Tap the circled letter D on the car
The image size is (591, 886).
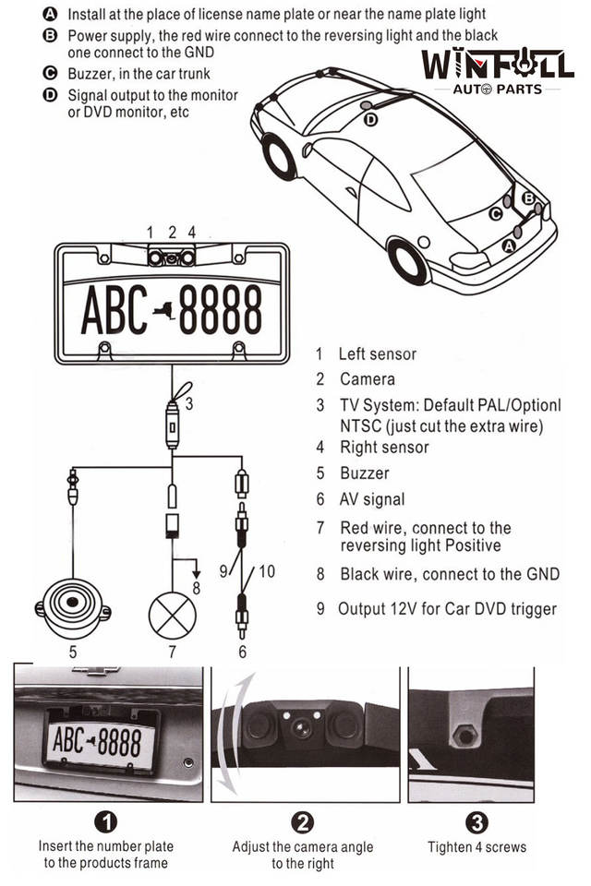pos(370,119)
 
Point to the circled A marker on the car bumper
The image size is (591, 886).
pos(508,246)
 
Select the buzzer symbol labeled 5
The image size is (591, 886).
pos(73,606)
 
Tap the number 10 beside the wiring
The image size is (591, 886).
pos(266,571)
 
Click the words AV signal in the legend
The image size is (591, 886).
pos(372,499)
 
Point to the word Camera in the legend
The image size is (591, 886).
pos(367,378)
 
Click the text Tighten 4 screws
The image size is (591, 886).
pos(476,846)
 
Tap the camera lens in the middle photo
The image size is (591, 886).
pos(300,727)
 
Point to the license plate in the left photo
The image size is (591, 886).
pos(97,740)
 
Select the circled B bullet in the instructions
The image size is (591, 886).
pos(50,35)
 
